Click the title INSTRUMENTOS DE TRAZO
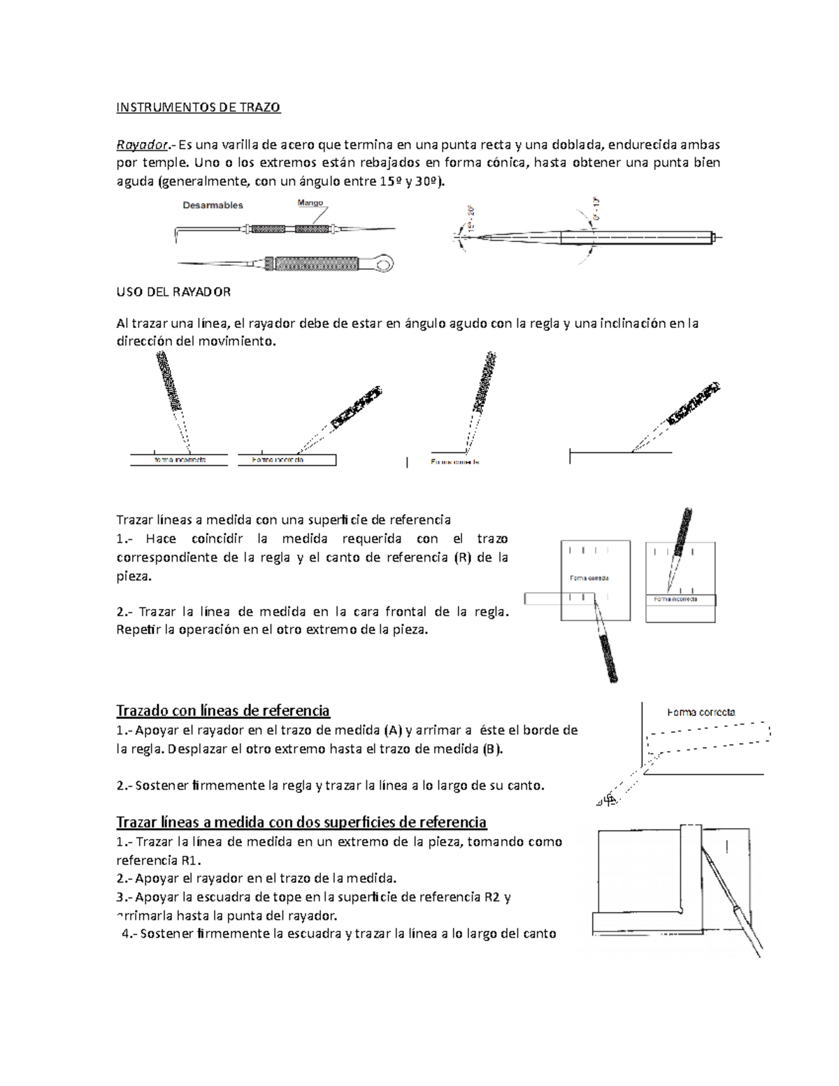(x=198, y=108)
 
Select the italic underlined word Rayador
(x=141, y=145)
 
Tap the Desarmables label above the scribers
(x=213, y=205)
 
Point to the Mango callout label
(x=310, y=203)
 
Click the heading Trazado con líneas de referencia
(x=222, y=710)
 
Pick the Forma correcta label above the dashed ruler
(x=701, y=712)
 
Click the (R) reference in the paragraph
(x=454, y=557)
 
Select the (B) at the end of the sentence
(x=492, y=748)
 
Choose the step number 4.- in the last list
(x=129, y=933)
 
